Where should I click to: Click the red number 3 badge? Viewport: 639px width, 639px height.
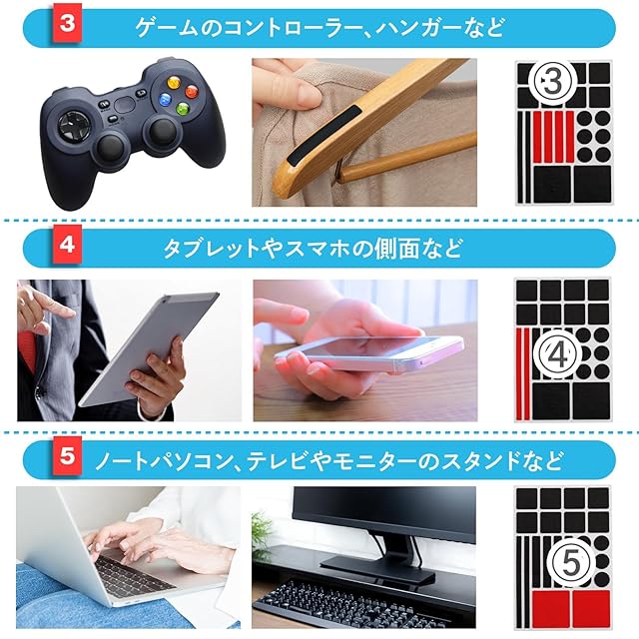[67, 23]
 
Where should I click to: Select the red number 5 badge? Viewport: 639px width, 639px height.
[67, 455]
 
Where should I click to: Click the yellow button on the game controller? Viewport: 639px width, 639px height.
[174, 82]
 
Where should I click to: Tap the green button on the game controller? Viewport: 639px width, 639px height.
[182, 109]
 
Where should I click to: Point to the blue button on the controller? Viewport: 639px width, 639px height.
[165, 99]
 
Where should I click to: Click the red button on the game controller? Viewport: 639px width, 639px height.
[192, 91]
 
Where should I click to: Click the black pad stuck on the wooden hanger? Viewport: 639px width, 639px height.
[323, 135]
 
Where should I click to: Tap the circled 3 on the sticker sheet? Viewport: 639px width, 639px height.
[552, 82]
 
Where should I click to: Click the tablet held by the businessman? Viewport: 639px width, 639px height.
[149, 348]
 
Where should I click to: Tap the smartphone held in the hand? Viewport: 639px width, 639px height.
[368, 352]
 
